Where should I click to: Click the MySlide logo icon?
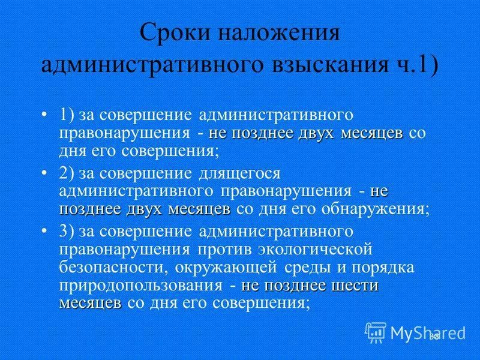click(x=376, y=331)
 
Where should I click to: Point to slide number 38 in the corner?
click(x=434, y=337)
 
